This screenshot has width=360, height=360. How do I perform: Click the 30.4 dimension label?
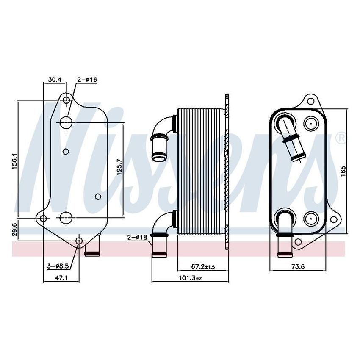point(55,79)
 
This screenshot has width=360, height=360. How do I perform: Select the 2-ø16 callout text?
point(87,79)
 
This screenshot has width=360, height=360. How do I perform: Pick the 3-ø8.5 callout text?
point(58,266)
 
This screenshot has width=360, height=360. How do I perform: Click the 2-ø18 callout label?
point(137,238)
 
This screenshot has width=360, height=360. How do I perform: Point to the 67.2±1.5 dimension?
point(203,266)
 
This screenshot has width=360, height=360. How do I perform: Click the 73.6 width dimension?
point(298,266)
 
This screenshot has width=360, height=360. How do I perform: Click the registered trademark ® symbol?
point(340,138)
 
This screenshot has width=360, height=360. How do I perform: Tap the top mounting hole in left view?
point(66,100)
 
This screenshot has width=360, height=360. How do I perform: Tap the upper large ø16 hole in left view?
point(66,123)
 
